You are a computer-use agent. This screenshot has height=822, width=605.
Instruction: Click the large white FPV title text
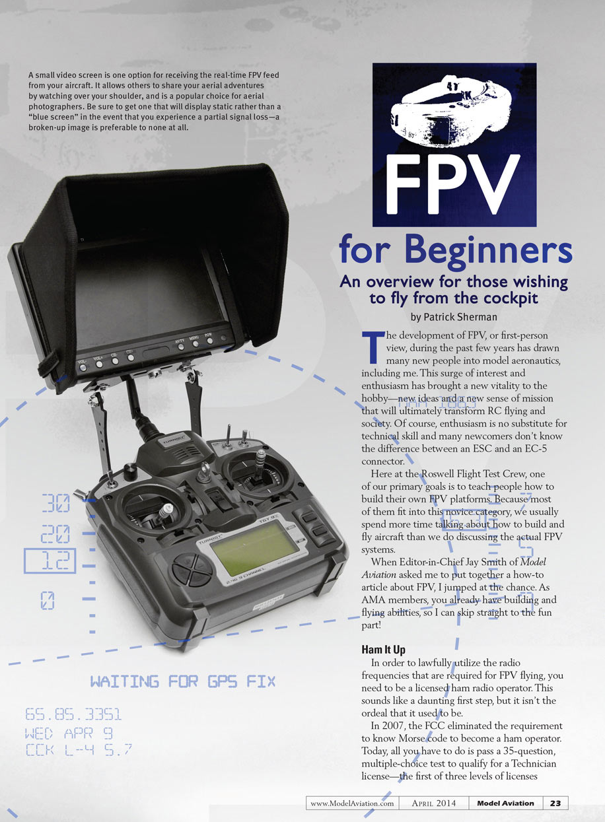point(452,184)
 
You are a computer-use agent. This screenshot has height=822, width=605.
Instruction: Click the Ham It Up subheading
point(383,650)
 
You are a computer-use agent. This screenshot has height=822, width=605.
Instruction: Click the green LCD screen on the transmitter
point(254,548)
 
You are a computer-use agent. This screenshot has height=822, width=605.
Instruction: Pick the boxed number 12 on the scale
point(50,561)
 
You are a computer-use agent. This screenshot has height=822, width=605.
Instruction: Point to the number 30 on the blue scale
point(55,503)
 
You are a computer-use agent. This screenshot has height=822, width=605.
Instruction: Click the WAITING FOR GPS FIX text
point(182,681)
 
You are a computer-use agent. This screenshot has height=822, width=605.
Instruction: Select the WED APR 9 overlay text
point(68,734)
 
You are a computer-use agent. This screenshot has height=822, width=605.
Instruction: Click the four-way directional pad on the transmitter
point(192,569)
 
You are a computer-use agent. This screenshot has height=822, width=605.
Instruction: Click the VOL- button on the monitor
point(83,367)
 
